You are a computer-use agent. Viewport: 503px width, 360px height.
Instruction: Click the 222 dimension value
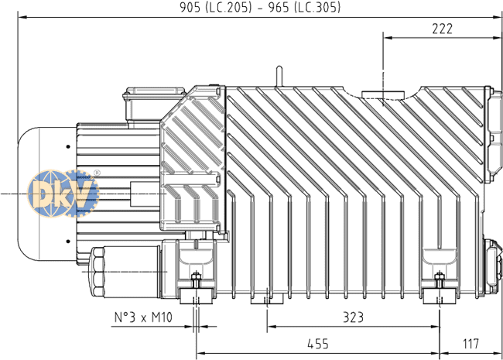tap(442, 29)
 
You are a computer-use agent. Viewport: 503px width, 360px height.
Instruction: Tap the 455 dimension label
tap(316, 343)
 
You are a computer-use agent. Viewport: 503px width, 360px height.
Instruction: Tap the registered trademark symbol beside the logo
tap(96, 173)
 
